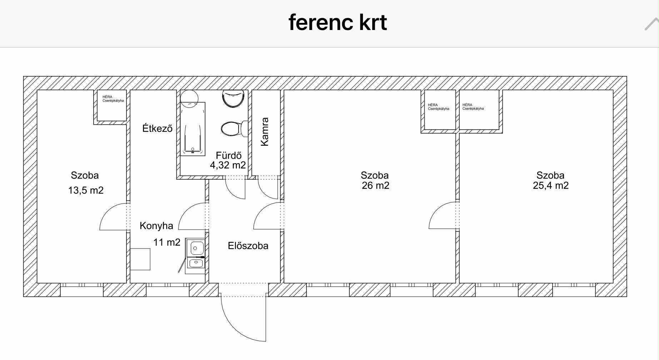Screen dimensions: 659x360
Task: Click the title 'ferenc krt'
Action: [x=338, y=22]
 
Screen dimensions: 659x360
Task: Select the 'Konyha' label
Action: [x=156, y=226]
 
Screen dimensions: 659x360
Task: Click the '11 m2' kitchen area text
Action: [x=167, y=242]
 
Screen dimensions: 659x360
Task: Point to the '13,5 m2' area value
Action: [x=86, y=190]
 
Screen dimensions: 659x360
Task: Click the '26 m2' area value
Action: [x=375, y=185]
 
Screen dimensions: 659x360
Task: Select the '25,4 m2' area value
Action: [x=550, y=185]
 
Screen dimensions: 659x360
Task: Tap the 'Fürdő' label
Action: [x=229, y=155]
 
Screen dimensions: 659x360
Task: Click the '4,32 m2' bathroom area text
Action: [x=228, y=165]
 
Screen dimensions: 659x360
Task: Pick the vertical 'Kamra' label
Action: [x=265, y=131]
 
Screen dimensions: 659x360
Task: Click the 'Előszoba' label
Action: [x=248, y=246]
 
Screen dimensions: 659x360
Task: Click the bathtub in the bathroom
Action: [x=193, y=129]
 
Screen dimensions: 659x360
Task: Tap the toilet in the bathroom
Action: [x=234, y=129]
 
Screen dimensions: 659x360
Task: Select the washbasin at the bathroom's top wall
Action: [x=233, y=99]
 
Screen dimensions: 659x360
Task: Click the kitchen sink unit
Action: [x=195, y=256]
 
